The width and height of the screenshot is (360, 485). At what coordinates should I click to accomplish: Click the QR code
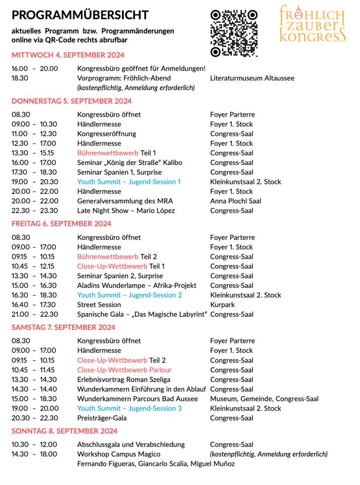click(x=234, y=33)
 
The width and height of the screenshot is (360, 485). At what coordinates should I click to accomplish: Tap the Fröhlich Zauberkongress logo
click(x=312, y=24)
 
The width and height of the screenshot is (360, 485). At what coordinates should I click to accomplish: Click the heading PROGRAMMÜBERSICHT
click(x=80, y=15)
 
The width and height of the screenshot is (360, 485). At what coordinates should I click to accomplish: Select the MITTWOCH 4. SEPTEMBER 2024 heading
click(x=68, y=55)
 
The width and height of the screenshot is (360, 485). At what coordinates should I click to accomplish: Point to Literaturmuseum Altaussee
click(x=252, y=78)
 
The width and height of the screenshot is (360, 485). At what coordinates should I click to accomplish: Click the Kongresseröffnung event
click(x=107, y=134)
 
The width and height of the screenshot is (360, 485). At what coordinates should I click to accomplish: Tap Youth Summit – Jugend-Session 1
click(x=129, y=182)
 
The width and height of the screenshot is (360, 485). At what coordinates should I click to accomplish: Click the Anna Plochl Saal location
click(x=235, y=201)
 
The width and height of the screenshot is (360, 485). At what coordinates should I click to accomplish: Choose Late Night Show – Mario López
click(x=126, y=210)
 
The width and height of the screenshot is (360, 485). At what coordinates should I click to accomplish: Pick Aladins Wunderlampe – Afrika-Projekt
click(x=136, y=285)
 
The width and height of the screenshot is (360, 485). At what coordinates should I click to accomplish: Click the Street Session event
click(x=99, y=305)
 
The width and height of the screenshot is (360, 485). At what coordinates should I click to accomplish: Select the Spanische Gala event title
click(x=142, y=314)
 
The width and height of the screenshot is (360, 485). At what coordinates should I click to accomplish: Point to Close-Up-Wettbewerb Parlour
click(x=125, y=370)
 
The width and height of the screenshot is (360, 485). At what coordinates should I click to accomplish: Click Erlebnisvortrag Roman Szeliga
click(x=124, y=380)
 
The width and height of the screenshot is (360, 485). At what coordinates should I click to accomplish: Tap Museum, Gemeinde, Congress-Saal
click(x=264, y=399)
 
